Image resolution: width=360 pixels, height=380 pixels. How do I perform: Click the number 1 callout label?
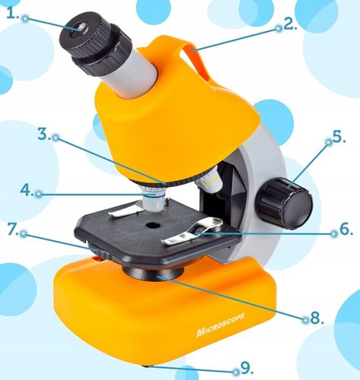pyautogui.click(x=13, y=14)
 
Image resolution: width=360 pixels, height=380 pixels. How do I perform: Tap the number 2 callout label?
pyautogui.click(x=290, y=24)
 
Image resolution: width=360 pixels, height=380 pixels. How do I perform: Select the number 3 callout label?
pyautogui.click(x=44, y=135)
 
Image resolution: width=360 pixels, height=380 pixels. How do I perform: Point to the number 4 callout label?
pyautogui.click(x=27, y=190)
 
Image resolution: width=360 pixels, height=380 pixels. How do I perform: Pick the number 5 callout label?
pyautogui.click(x=339, y=137)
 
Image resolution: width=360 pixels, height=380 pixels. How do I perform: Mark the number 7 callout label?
pyautogui.click(x=13, y=230)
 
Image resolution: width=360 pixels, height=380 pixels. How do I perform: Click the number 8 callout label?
pyautogui.click(x=317, y=318)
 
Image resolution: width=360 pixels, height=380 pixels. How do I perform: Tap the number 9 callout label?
pyautogui.click(x=247, y=368)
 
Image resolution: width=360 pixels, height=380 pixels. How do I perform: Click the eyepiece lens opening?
pyautogui.click(x=81, y=27)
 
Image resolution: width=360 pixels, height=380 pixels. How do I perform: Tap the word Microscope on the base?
pyautogui.click(x=220, y=325)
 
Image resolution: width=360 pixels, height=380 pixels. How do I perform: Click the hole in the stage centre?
pyautogui.click(x=152, y=224)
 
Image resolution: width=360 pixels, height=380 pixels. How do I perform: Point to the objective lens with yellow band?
pyautogui.click(x=209, y=183)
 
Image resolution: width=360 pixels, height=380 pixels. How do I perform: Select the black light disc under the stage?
pyautogui.click(x=153, y=272)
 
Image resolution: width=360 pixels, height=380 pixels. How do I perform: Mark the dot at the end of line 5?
pyautogui.click(x=329, y=142)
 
